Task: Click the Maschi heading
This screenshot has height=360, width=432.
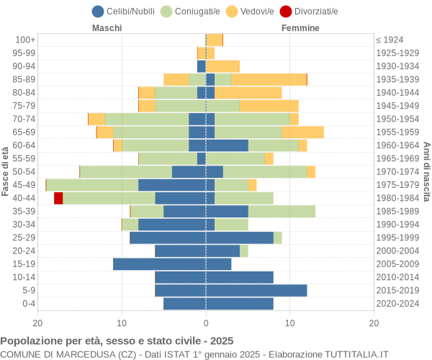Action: (x=107, y=28)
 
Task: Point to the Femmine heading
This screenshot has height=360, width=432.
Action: (x=300, y=28)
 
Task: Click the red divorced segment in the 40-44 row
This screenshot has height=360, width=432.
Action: (x=58, y=198)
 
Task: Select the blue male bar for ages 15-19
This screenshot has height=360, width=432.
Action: (x=159, y=264)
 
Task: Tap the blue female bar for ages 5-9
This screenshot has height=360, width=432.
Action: (x=256, y=290)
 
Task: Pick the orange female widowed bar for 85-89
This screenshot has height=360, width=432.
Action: (x=269, y=79)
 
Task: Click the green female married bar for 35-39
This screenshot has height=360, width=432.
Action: (x=282, y=211)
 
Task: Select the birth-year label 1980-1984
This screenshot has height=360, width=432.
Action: (x=397, y=198)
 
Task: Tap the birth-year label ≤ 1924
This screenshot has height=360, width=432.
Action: (x=390, y=40)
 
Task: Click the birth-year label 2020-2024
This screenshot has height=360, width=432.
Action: (x=397, y=304)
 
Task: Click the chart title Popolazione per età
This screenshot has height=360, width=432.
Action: (x=117, y=341)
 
